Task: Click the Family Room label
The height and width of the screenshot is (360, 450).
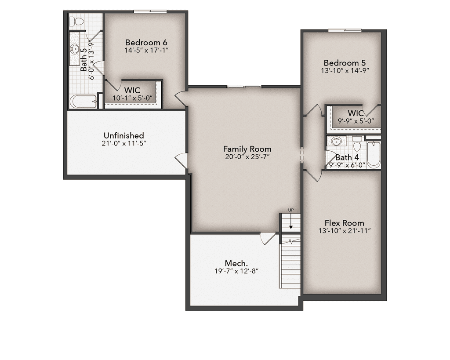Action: pyautogui.click(x=247, y=149)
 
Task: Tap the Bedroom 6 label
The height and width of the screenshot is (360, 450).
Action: pyautogui.click(x=146, y=42)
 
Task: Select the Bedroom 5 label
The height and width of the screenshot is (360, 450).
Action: pyautogui.click(x=345, y=62)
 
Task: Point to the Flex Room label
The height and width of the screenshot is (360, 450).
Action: pyautogui.click(x=344, y=223)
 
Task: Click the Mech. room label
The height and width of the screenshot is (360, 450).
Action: pyautogui.click(x=234, y=263)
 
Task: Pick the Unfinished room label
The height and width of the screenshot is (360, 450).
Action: pyautogui.click(x=123, y=135)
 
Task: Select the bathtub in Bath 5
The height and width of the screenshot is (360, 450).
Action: pyautogui.click(x=83, y=102)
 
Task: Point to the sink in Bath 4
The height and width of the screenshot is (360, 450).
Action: pyautogui.click(x=337, y=142)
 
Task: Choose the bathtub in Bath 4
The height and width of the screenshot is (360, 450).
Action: pyautogui.click(x=374, y=154)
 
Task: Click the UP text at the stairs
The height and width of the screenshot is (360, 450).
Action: pyautogui.click(x=290, y=211)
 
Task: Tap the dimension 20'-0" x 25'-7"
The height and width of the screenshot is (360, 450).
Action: pyautogui.click(x=247, y=157)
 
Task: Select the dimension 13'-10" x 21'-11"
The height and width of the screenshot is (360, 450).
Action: pyautogui.click(x=344, y=231)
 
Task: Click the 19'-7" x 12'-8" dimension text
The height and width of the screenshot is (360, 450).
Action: pyautogui.click(x=234, y=271)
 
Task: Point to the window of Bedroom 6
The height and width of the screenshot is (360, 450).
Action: pyautogui.click(x=150, y=11)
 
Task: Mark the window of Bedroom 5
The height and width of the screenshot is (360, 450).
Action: pyautogui.click(x=345, y=30)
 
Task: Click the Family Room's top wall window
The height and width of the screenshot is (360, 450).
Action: pyautogui.click(x=244, y=86)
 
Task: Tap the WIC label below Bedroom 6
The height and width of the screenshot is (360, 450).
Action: pyautogui.click(x=132, y=90)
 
